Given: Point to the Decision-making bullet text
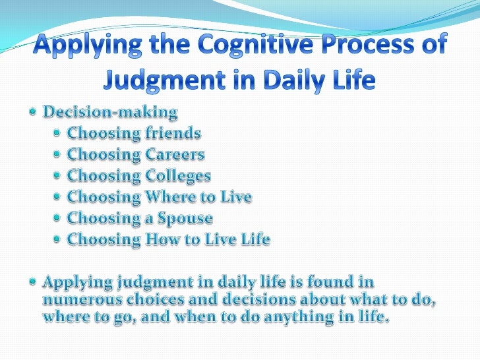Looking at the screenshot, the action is click(111, 113).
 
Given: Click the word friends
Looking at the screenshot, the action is click(168, 135).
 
